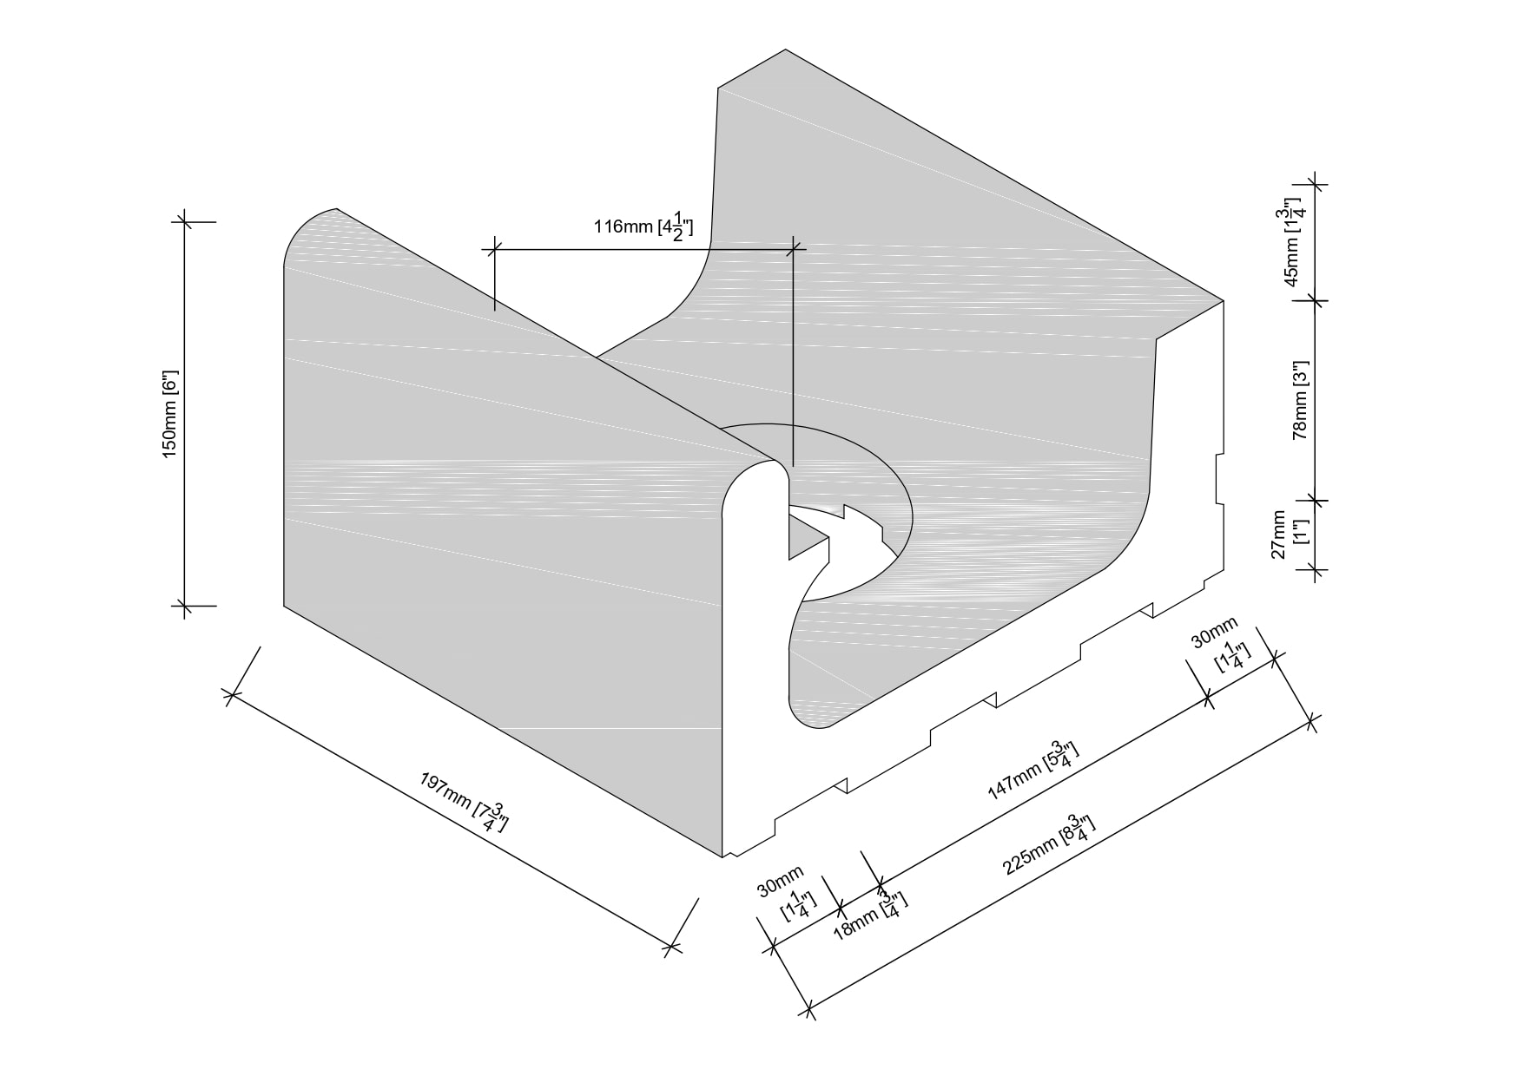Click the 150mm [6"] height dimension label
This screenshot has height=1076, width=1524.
coord(169,415)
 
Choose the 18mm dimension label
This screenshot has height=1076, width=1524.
coord(869,914)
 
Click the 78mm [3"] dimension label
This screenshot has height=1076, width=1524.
coord(1300,400)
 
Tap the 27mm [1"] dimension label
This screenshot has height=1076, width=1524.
coord(1290,535)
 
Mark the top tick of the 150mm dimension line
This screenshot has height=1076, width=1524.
coord(183,221)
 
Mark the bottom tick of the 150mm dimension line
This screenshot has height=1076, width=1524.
coord(183,605)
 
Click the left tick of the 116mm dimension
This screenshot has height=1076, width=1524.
coord(493,250)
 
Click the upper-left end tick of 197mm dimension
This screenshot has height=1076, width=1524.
coord(230,694)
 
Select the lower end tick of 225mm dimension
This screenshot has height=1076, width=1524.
coord(809,1009)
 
